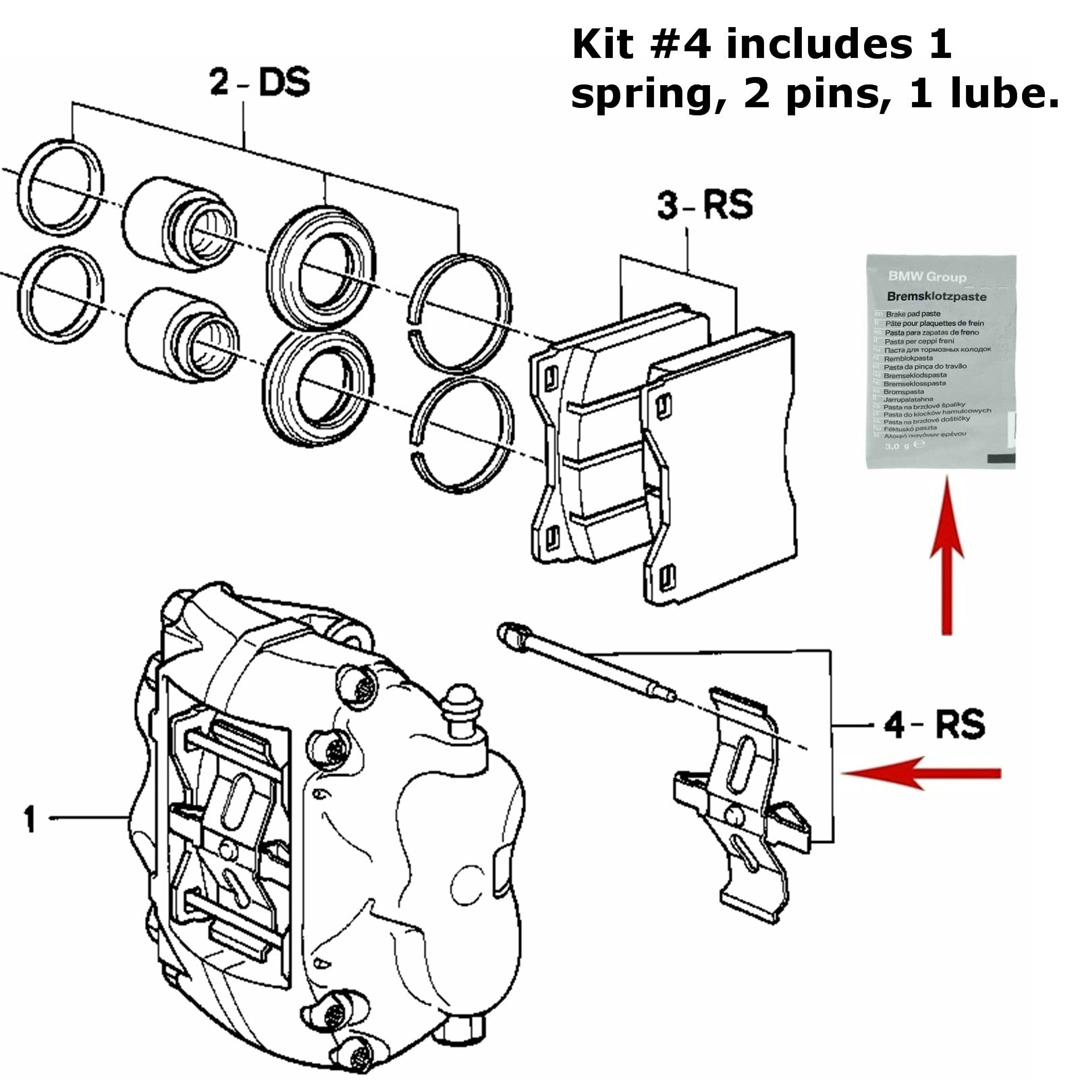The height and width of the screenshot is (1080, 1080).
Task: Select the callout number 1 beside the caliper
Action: (x=29, y=818)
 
